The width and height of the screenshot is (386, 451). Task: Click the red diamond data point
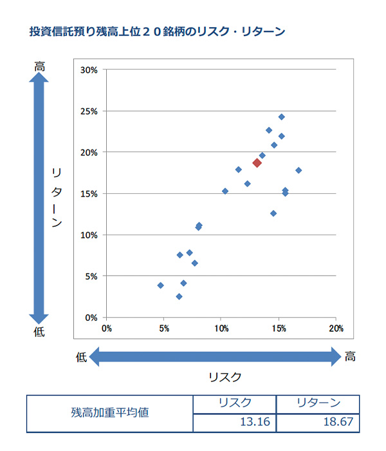(x=257, y=163)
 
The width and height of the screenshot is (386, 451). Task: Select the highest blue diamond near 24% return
(x=282, y=117)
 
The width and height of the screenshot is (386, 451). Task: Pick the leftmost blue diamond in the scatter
(x=161, y=285)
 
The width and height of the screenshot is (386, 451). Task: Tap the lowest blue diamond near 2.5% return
(x=179, y=296)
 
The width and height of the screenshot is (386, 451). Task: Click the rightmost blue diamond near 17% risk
(x=299, y=170)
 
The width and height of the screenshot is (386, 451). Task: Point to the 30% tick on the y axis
(x=89, y=70)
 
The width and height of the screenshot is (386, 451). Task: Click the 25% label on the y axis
(x=89, y=111)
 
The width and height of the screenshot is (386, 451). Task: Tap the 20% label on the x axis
(x=336, y=328)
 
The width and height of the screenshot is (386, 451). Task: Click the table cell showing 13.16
(x=235, y=423)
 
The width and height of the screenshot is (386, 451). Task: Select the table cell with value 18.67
(x=318, y=423)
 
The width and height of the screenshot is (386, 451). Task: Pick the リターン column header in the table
(x=318, y=403)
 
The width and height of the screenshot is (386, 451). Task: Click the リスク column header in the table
(x=235, y=403)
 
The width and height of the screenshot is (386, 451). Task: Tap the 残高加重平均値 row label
(x=110, y=413)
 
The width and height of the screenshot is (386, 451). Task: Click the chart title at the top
(x=157, y=32)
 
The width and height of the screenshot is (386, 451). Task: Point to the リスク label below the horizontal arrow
(x=225, y=377)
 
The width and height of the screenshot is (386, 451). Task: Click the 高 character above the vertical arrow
(x=39, y=66)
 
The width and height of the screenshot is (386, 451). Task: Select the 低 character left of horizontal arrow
(x=81, y=357)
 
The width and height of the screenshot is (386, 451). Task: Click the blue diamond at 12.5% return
(x=273, y=213)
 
